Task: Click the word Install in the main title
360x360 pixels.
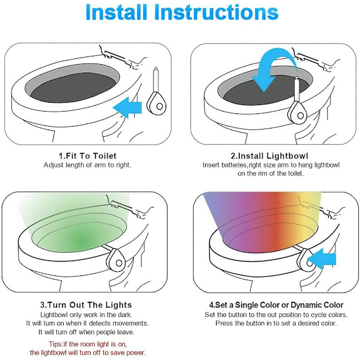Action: click(x=116, y=12)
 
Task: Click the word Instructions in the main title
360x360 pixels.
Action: click(x=216, y=12)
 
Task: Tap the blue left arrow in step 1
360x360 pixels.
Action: click(x=127, y=107)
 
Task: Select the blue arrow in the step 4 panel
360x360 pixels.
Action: click(x=322, y=259)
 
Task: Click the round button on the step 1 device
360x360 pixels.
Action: click(x=160, y=106)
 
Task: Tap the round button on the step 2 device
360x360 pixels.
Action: click(x=301, y=115)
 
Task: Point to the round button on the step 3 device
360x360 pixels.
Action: click(x=119, y=263)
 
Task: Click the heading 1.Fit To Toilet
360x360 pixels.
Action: click(x=88, y=156)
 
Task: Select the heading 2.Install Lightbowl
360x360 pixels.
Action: click(x=269, y=156)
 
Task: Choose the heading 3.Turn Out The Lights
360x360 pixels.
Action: click(x=86, y=305)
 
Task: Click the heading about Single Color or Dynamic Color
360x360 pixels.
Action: click(x=276, y=305)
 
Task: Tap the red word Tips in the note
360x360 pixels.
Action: click(x=55, y=344)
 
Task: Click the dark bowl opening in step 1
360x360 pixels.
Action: click(x=73, y=88)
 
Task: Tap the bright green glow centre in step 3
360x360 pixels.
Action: click(x=81, y=241)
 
